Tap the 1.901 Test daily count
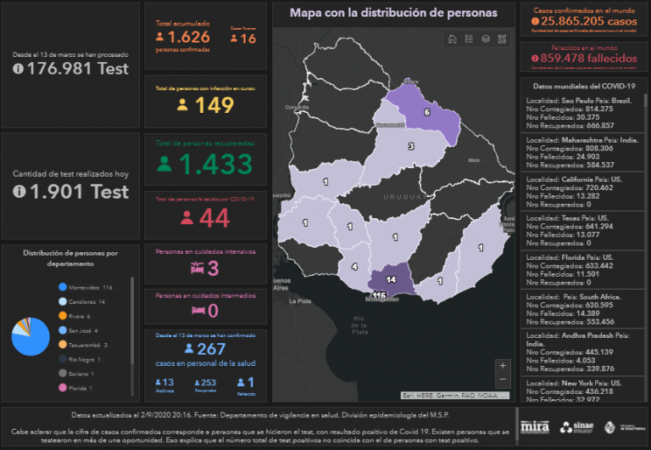pos(78,192)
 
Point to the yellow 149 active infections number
pos(214,105)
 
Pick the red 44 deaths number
pos(214,218)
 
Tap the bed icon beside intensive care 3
pos(197,269)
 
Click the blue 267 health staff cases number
pos(212,350)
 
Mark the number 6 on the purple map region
pos(426,112)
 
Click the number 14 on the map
pos(391,279)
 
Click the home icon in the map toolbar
pos(452,38)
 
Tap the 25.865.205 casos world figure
pos(583,20)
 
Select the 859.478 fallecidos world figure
pos(583,58)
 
